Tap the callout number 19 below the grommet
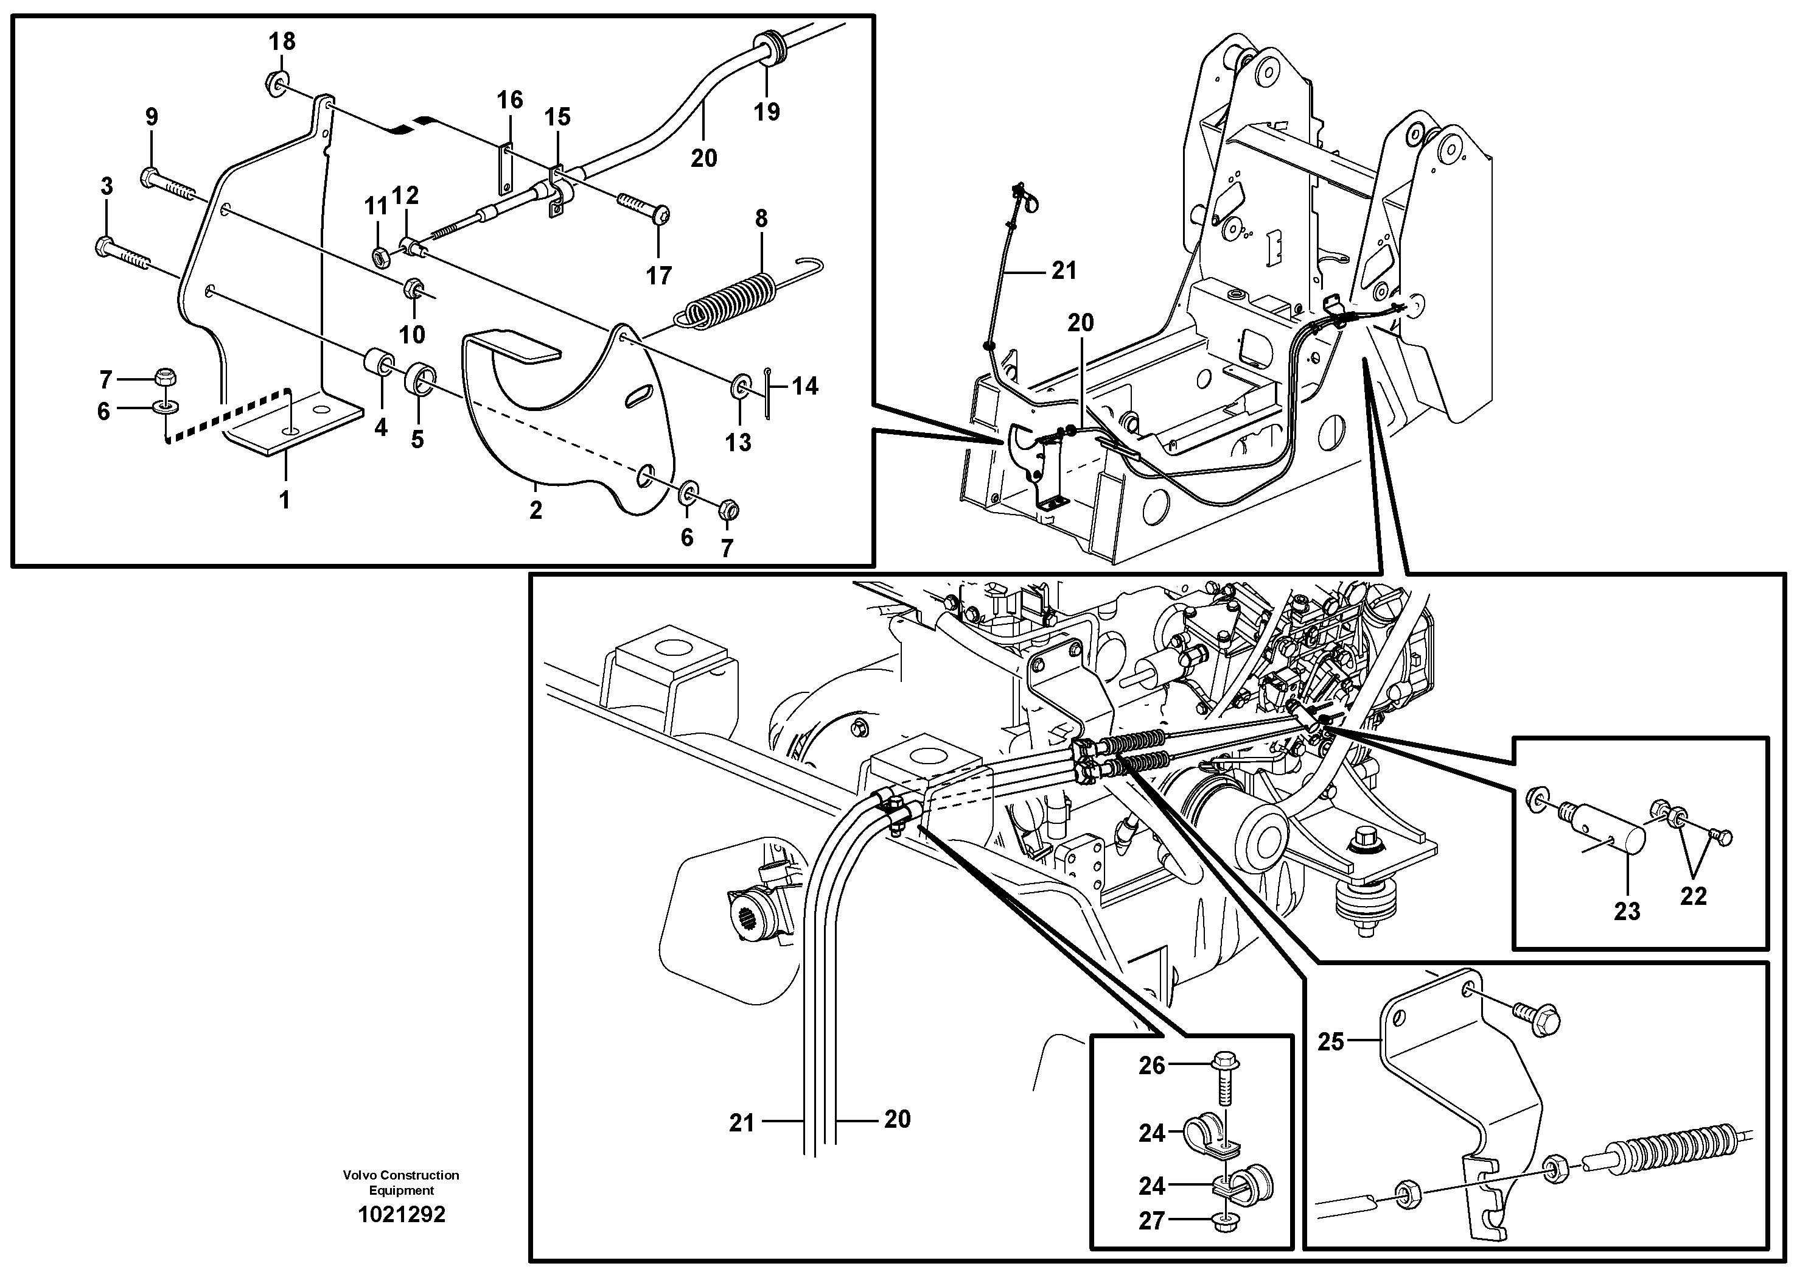click(x=766, y=111)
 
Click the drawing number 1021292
click(x=402, y=1214)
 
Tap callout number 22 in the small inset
click(x=1693, y=896)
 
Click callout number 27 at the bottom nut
click(x=1151, y=1221)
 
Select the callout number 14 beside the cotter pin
click(x=804, y=386)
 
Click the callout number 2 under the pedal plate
click(x=536, y=510)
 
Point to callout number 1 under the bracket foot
click(x=285, y=499)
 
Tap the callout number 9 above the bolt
click(x=152, y=117)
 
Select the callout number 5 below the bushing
click(x=417, y=440)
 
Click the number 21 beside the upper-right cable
click(x=1064, y=271)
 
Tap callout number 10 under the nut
click(x=412, y=334)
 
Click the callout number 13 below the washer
click(x=738, y=442)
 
